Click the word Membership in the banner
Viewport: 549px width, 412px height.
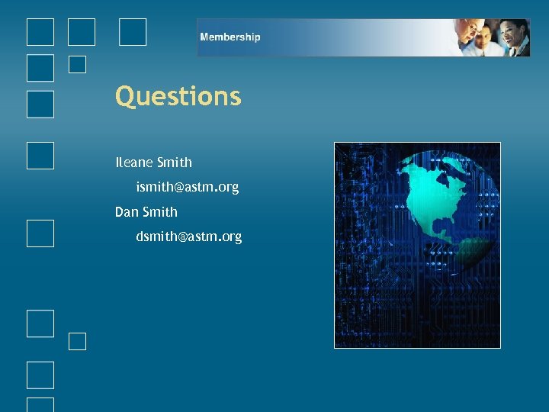click(230, 37)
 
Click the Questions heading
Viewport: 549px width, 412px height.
click(178, 97)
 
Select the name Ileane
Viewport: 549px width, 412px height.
click(133, 163)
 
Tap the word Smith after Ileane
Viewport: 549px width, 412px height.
click(174, 163)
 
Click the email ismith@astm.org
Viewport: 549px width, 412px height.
click(187, 187)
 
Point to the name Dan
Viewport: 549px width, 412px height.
click(127, 212)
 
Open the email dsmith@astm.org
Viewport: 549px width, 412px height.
click(188, 237)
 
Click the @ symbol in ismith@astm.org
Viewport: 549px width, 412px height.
click(178, 187)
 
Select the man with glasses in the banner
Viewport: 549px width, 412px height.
click(467, 31)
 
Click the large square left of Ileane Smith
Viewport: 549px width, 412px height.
click(40, 154)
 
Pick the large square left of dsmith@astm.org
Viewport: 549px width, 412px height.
click(40, 233)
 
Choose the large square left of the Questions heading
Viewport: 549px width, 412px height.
click(40, 105)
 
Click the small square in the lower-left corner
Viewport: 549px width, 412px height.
click(77, 341)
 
